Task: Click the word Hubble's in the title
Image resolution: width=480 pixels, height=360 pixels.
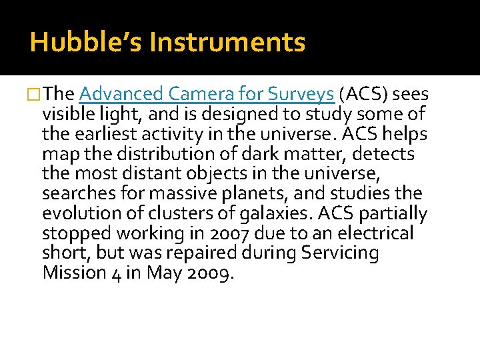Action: [x=87, y=43]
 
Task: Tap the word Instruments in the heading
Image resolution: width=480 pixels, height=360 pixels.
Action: [x=227, y=43]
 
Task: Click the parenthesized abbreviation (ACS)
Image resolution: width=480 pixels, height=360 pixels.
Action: [x=364, y=95]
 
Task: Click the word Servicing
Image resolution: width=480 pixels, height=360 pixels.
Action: [x=341, y=254]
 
